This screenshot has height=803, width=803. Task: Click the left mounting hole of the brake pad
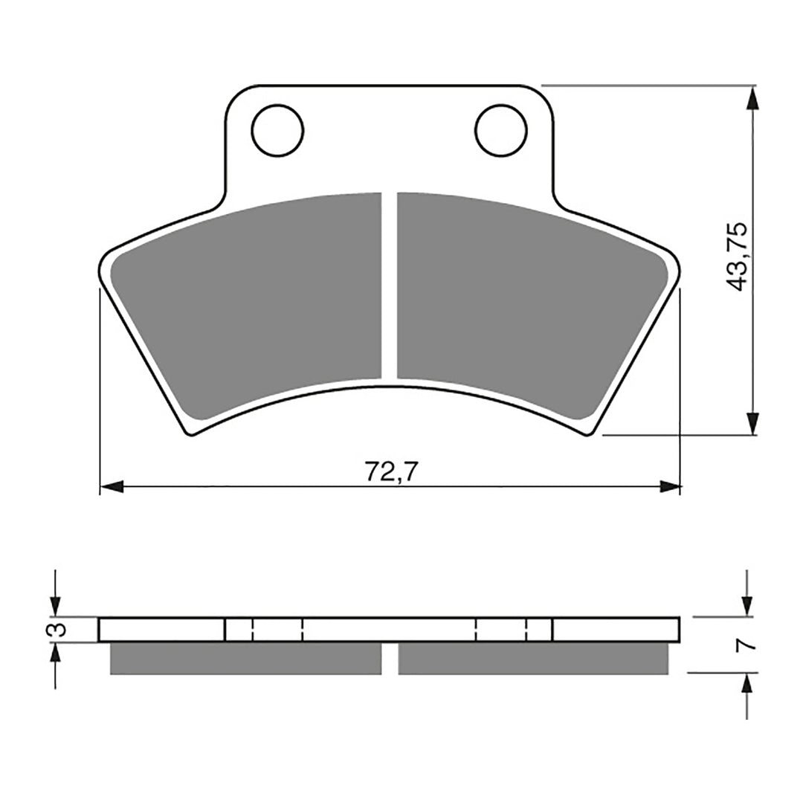[278, 131]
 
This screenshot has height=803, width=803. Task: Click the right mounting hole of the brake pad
[500, 131]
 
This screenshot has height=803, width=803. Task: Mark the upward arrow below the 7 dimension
[748, 684]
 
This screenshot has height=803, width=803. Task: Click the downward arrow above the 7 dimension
[748, 605]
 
